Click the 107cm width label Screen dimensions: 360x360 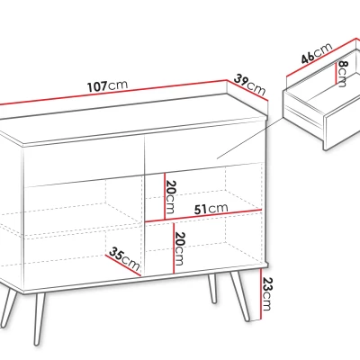[107, 86]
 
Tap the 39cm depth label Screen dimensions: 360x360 [249, 85]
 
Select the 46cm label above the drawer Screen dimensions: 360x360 [317, 53]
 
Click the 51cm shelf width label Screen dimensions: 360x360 [211, 209]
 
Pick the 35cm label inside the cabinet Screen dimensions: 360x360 [124, 258]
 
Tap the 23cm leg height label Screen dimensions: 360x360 [267, 293]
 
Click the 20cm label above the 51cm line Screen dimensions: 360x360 [170, 197]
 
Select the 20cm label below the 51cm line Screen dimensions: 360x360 [179, 248]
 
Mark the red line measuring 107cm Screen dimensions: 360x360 [113, 92]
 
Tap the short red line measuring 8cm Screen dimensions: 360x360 [336, 74]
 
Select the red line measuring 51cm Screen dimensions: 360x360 [203, 216]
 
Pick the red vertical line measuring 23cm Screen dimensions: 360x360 [261, 294]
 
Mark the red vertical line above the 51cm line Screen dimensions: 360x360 [165, 196]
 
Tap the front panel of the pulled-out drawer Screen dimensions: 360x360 [342, 129]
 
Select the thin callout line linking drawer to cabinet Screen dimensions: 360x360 [250, 138]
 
